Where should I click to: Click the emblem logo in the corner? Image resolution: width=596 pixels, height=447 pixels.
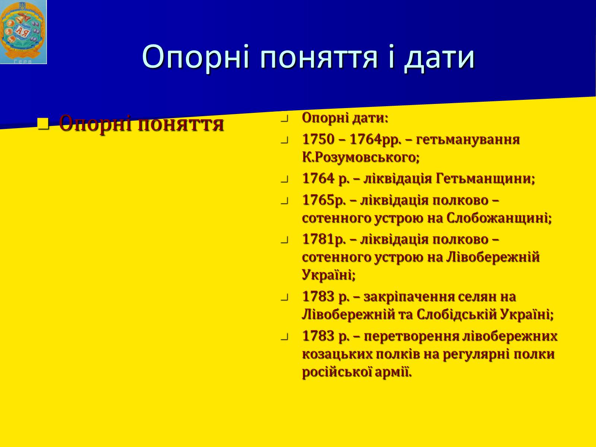point(23,32)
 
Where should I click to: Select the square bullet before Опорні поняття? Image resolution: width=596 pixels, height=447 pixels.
point(44,124)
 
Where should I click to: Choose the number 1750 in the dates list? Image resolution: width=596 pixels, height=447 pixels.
point(318,139)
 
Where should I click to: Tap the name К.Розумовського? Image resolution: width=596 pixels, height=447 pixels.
point(361,158)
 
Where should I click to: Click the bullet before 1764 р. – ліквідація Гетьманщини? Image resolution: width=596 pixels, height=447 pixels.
point(284,180)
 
